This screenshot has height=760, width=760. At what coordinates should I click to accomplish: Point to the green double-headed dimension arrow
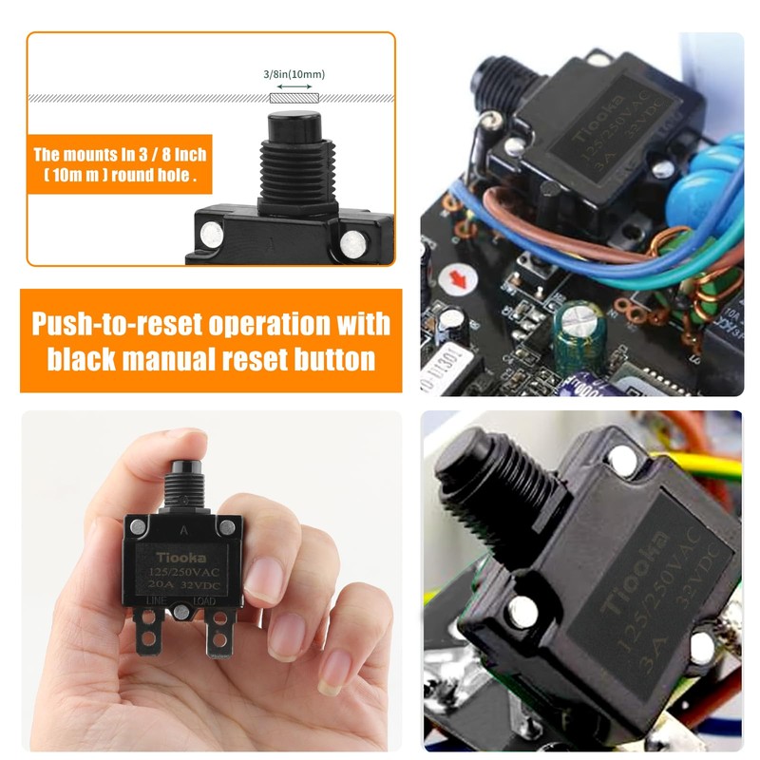click(293, 86)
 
